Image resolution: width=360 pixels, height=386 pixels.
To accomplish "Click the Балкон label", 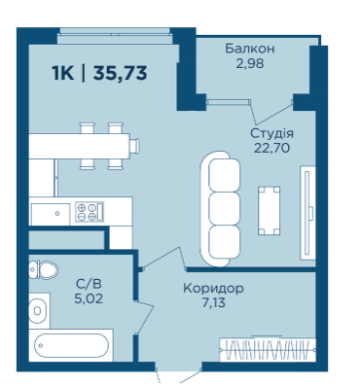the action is (x=250, y=49).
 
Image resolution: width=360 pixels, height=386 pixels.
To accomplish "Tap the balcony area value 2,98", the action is (x=250, y=63).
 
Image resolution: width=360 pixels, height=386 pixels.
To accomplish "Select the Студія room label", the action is (x=271, y=133).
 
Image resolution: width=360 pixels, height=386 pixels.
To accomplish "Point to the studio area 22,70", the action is (x=271, y=148).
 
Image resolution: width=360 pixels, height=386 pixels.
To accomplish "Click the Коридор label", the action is (x=213, y=288).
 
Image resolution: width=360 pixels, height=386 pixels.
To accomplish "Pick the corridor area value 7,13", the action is (x=213, y=302).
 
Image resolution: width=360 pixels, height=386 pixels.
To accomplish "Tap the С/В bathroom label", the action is (x=89, y=284).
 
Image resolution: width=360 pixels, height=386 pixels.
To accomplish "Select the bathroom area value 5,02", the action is (x=89, y=298).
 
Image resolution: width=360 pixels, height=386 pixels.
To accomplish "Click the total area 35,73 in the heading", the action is (x=121, y=73).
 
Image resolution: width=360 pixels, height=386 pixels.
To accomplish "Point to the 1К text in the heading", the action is (x=63, y=73).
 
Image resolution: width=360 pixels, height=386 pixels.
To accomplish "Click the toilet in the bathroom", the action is (x=44, y=269).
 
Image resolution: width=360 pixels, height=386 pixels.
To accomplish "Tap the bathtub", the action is (x=71, y=345).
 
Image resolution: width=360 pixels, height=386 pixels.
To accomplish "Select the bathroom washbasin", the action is (x=39, y=311).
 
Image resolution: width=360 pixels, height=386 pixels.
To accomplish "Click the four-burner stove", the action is (x=90, y=211).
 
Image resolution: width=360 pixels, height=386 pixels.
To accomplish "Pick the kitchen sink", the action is (x=51, y=214).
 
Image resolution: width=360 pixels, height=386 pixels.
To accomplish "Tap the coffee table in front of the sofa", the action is (x=269, y=211).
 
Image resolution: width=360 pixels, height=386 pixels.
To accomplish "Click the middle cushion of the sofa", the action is (x=224, y=209).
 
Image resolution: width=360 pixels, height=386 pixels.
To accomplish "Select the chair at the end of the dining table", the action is (x=135, y=146).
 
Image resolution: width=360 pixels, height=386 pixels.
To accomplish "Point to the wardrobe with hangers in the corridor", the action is (x=268, y=350).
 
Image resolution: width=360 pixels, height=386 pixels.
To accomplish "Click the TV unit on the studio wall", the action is (x=307, y=213).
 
